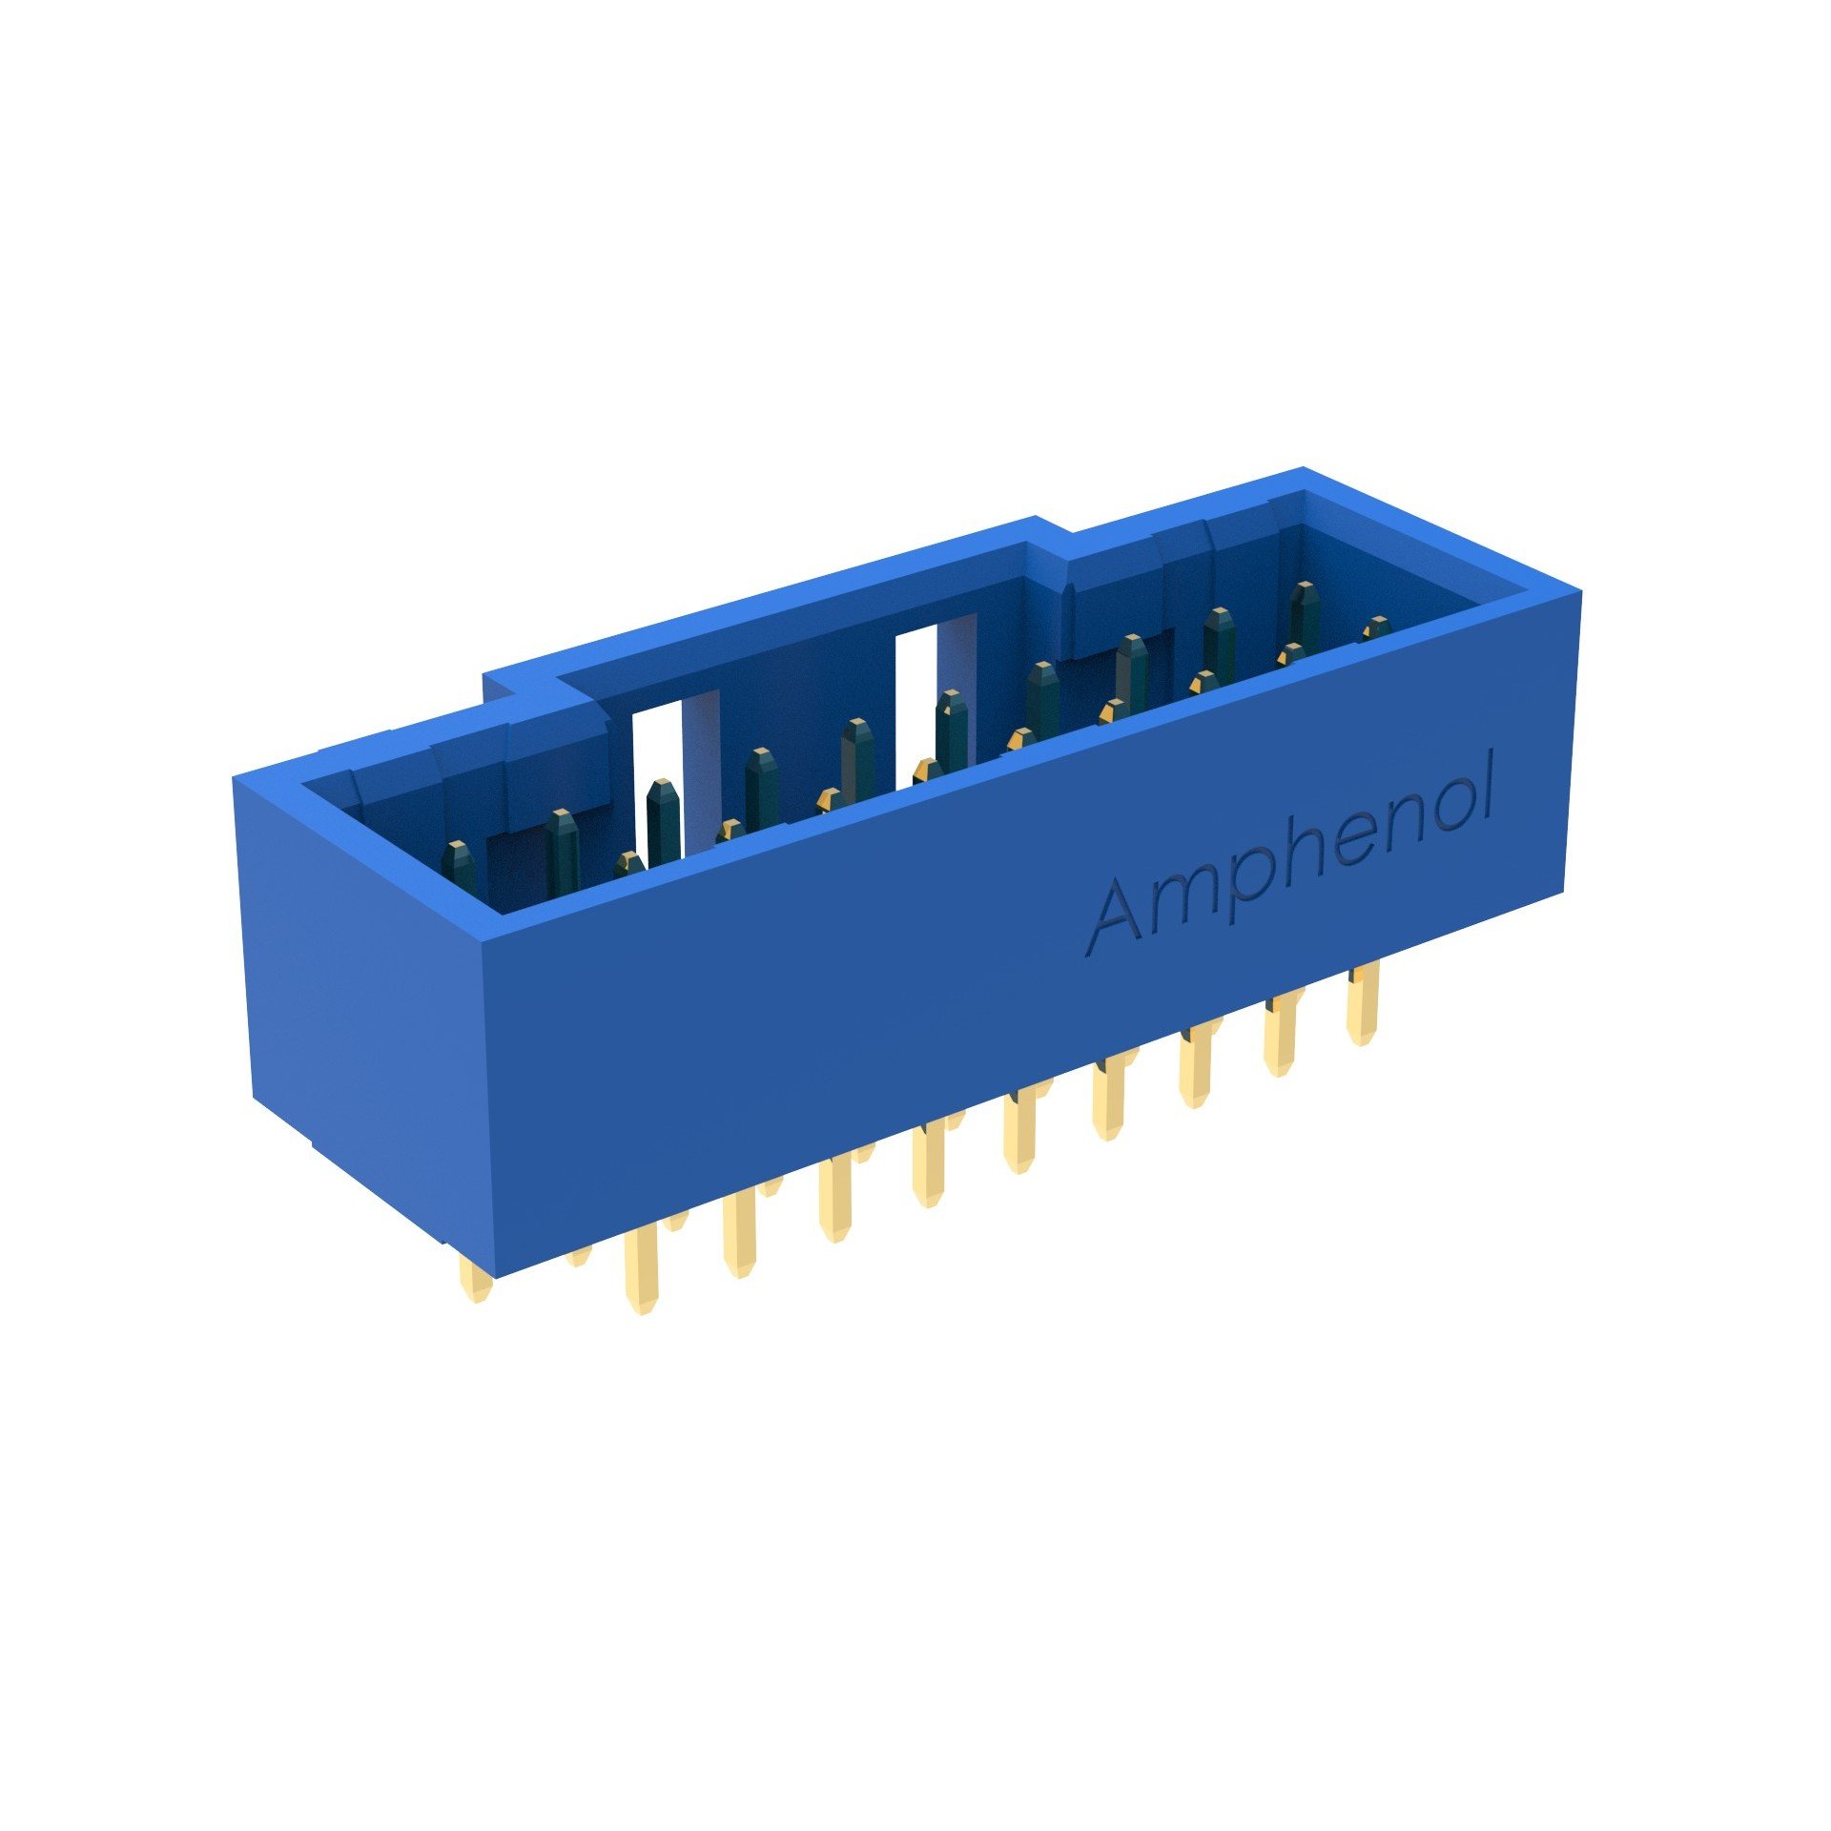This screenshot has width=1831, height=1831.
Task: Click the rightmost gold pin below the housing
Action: tap(1363, 1002)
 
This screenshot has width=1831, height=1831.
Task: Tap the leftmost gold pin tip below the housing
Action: tap(476, 1279)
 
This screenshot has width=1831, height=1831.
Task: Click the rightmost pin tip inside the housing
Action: tap(1375, 628)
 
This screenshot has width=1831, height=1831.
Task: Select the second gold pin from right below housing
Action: tap(1283, 1035)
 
